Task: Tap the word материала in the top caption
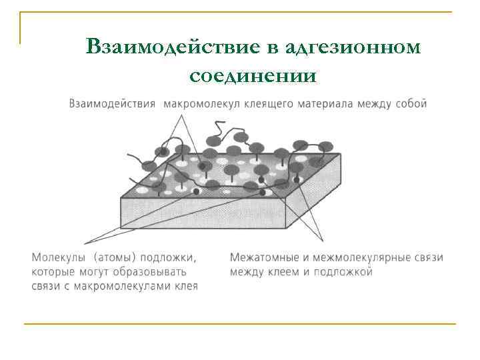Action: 321,104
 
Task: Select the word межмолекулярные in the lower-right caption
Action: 363,257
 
